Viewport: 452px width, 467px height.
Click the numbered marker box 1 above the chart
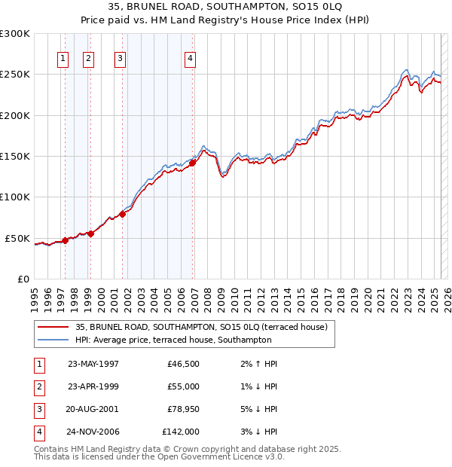click(x=63, y=59)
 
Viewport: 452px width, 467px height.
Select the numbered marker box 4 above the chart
click(x=191, y=59)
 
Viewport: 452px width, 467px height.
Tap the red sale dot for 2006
click(x=192, y=162)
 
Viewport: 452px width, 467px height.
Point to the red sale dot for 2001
click(x=122, y=215)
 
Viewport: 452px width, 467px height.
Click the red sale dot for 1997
click(x=66, y=240)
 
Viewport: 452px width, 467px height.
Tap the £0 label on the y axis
click(x=22, y=279)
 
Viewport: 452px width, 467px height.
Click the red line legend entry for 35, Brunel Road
click(x=200, y=328)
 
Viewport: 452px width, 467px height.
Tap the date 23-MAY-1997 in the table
click(x=93, y=364)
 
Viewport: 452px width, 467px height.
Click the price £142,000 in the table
click(x=181, y=432)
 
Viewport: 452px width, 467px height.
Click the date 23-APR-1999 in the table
click(x=93, y=386)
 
